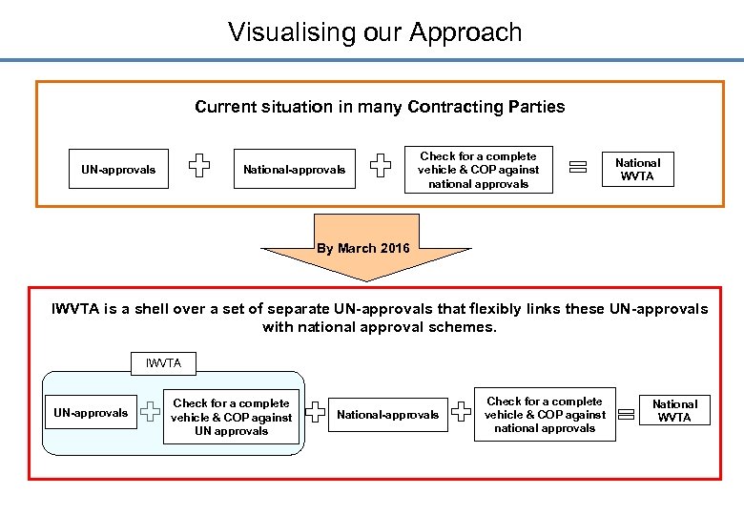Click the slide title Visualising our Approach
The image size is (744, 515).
pyautogui.click(x=375, y=31)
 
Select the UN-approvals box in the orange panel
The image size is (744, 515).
pyautogui.click(x=118, y=170)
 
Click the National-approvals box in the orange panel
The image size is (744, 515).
pyautogui.click(x=294, y=170)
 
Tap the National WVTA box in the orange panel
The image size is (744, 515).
pyautogui.click(x=637, y=169)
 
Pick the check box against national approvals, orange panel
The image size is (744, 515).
pyautogui.click(x=478, y=170)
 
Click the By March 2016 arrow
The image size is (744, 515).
pyautogui.click(x=365, y=250)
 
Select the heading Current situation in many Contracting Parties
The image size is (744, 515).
pyautogui.click(x=380, y=107)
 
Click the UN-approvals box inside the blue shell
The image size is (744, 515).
pyautogui.click(x=91, y=413)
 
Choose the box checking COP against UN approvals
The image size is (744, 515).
pyautogui.click(x=232, y=417)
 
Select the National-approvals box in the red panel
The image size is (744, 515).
pyautogui.click(x=388, y=415)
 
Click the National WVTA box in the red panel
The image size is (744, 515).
pyautogui.click(x=674, y=411)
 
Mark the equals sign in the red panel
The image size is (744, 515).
pyautogui.click(x=627, y=414)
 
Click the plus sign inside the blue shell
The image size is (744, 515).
pyautogui.click(x=151, y=412)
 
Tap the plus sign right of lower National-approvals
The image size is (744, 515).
pyautogui.click(x=460, y=412)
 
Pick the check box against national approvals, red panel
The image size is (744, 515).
pyautogui.click(x=545, y=415)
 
